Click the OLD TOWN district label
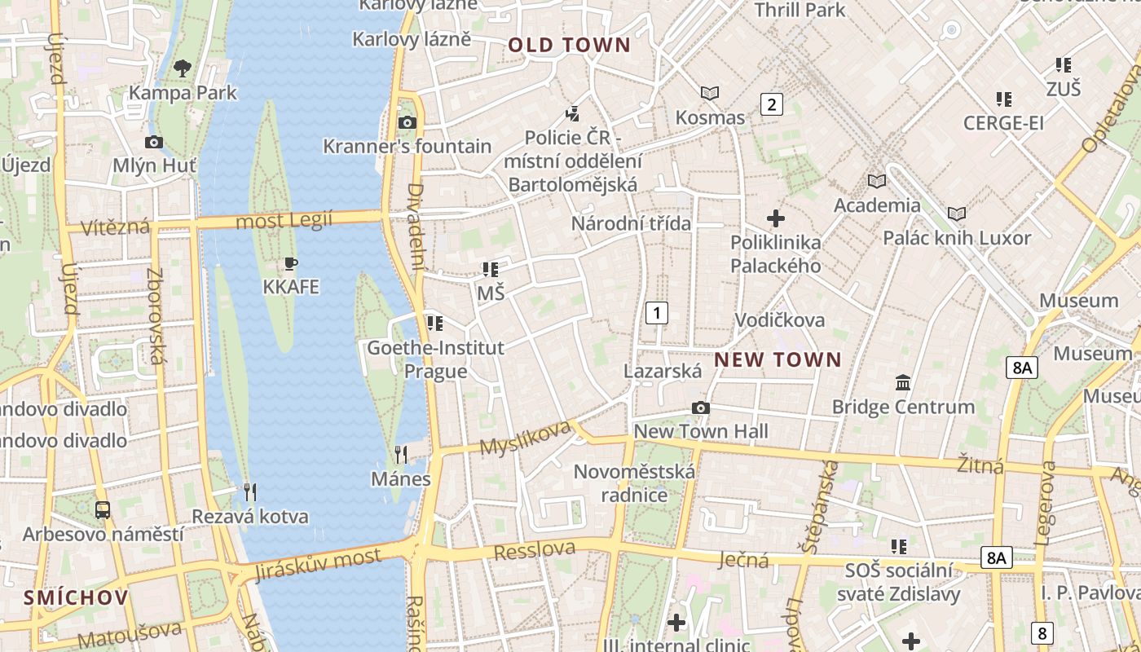(570, 46)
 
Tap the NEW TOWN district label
(778, 359)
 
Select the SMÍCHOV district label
(76, 597)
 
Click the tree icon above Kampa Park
(183, 68)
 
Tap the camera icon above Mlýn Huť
(153, 143)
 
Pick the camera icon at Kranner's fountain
(407, 123)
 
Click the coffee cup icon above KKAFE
(291, 263)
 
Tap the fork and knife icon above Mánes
(400, 454)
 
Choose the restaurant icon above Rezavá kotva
(250, 491)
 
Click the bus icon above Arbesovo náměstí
(103, 510)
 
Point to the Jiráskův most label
(317, 564)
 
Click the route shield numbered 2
(771, 104)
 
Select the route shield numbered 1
(656, 312)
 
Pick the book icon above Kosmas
(710, 94)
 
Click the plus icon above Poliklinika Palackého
(776, 218)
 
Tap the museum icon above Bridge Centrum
(903, 382)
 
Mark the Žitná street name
(980, 465)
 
